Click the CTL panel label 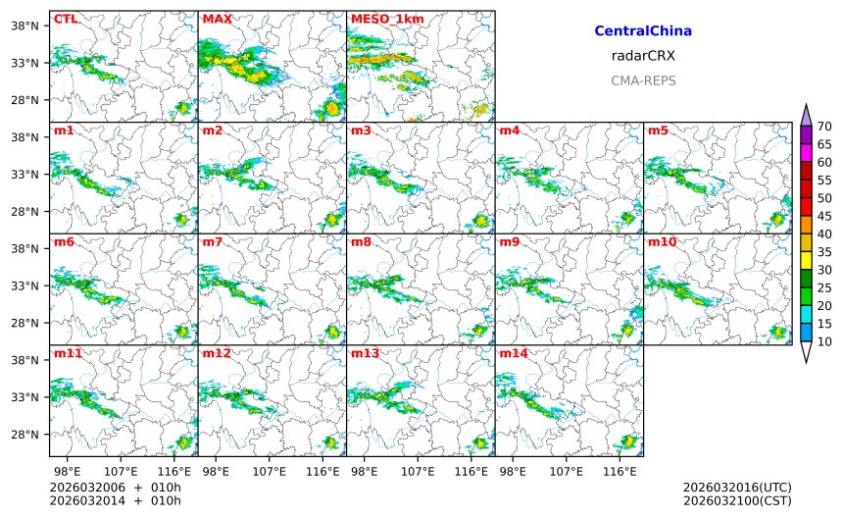point(65,19)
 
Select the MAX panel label point(216,19)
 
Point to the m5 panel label point(658,130)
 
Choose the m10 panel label point(661,241)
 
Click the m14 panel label point(513,353)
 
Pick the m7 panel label point(213,241)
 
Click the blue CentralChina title point(643,31)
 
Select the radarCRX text point(643,56)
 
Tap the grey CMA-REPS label point(643,80)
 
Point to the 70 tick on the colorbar point(824,126)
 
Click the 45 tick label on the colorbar point(824,216)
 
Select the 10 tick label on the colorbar point(824,341)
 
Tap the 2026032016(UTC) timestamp point(737,488)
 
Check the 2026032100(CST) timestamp point(737,501)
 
